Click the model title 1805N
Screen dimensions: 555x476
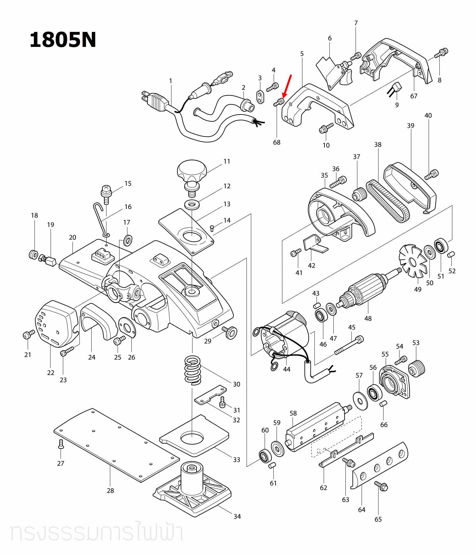(x=63, y=40)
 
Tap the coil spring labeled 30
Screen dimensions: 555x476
(x=193, y=370)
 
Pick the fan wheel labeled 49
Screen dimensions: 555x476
(x=413, y=261)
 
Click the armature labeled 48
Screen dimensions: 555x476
(x=367, y=289)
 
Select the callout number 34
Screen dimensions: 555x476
(x=237, y=516)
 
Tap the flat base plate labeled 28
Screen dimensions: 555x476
(x=116, y=445)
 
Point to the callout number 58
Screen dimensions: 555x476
(x=293, y=413)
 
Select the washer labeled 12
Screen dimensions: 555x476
(x=192, y=204)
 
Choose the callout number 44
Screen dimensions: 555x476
(x=286, y=369)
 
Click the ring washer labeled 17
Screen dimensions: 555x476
(x=128, y=240)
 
